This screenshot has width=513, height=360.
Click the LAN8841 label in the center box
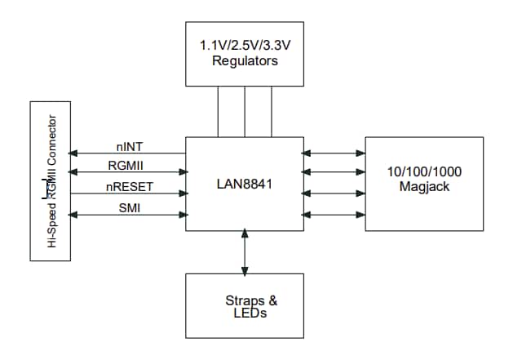click(x=244, y=184)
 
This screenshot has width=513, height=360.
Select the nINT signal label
click(x=130, y=147)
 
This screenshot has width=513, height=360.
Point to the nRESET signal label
click(x=130, y=187)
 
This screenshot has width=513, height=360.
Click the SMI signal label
click(x=130, y=207)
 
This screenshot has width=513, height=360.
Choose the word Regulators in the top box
click(x=244, y=60)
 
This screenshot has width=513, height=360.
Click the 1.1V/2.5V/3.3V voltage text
click(x=244, y=46)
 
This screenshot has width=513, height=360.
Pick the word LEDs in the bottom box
click(x=245, y=313)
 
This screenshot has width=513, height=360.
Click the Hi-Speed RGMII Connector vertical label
click(x=51, y=181)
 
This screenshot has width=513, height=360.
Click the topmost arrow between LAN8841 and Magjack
click(x=334, y=153)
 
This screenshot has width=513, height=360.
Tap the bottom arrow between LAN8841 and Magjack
click(x=334, y=216)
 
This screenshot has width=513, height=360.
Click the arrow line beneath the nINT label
click(x=128, y=153)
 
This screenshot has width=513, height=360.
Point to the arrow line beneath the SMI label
click(x=128, y=215)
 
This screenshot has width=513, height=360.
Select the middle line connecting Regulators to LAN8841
click(x=245, y=111)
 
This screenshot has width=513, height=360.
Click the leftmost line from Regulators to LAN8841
click(x=218, y=111)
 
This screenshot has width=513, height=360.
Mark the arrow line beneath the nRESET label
click(x=128, y=194)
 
